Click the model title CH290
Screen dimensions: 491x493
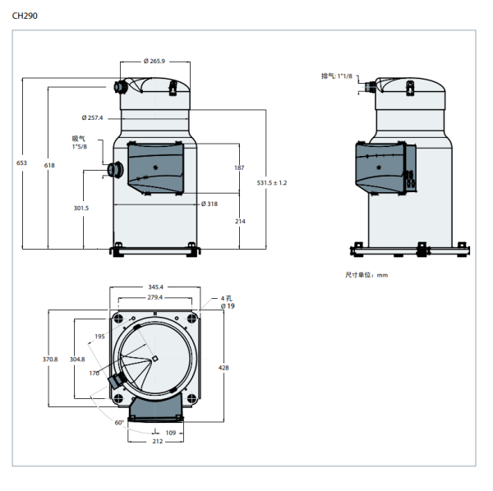(25, 15)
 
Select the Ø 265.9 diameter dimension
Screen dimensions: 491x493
(154, 61)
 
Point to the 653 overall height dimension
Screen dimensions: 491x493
(22, 163)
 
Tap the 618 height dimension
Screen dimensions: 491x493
(49, 165)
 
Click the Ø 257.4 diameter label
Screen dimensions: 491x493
(93, 117)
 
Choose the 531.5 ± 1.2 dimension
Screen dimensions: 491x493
(272, 182)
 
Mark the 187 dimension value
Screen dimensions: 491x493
(239, 167)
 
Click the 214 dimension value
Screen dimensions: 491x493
(240, 222)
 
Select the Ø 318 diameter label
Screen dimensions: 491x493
(210, 204)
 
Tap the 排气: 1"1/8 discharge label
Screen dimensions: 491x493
(336, 76)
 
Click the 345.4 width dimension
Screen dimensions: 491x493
(155, 287)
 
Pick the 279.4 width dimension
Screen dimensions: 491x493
(155, 297)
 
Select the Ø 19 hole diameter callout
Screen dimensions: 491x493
(228, 305)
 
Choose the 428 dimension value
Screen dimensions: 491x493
(224, 368)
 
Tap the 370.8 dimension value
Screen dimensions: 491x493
(50, 359)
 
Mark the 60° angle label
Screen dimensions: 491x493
(119, 422)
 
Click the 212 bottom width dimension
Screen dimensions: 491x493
(157, 441)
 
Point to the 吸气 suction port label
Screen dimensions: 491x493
(79, 138)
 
